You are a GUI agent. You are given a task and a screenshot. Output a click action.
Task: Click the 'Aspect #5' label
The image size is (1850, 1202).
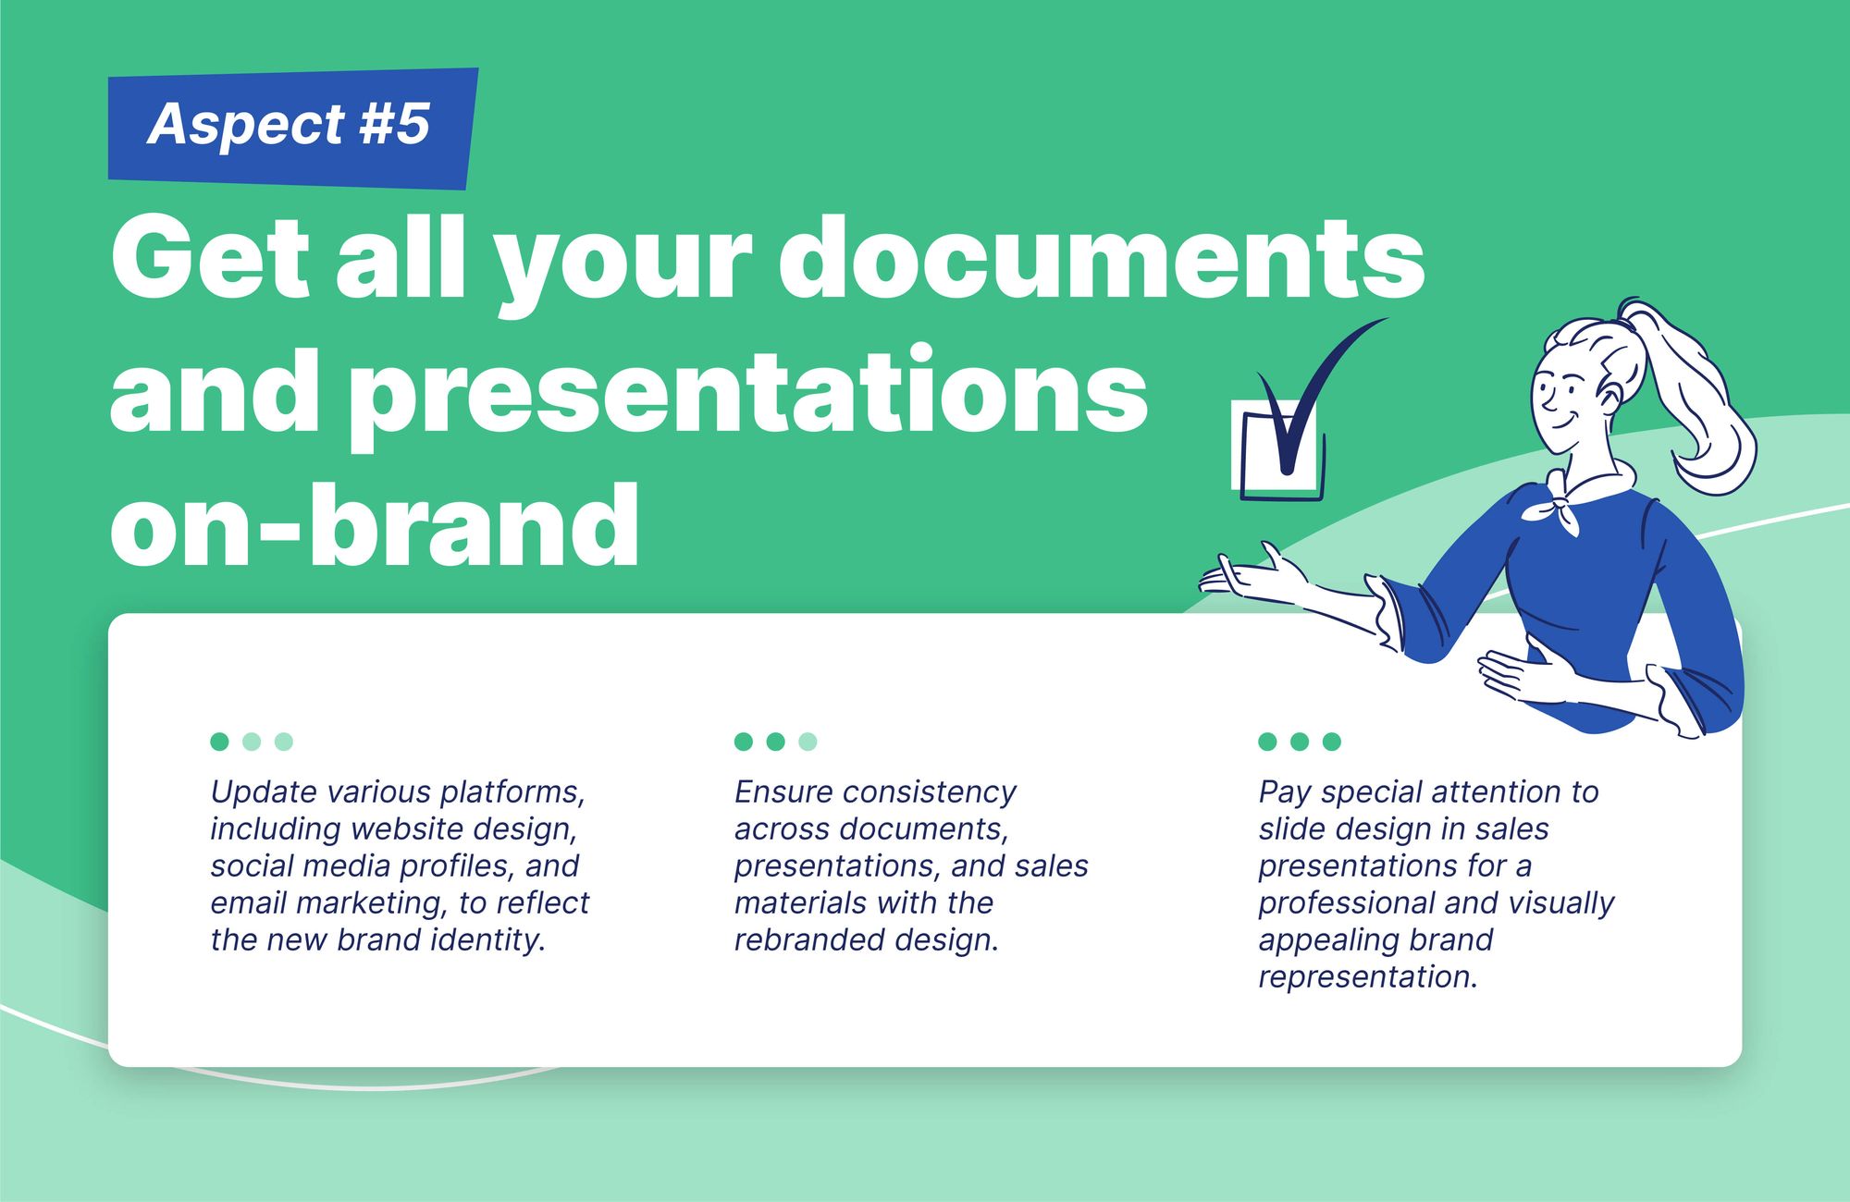[289, 124]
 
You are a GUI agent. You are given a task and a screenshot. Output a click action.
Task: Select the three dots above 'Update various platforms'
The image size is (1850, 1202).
[252, 742]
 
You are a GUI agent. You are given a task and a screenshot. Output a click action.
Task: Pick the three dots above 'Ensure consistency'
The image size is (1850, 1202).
[775, 742]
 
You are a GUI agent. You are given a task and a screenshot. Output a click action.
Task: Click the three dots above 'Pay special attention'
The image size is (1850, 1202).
[1300, 742]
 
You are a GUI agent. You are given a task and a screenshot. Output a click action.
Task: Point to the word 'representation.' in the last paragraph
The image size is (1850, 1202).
[1368, 977]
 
